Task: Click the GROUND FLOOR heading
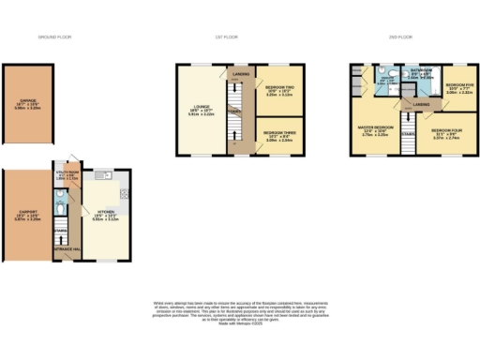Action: pos(53,37)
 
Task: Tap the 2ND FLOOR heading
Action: pos(399,37)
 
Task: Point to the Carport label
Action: pos(27,213)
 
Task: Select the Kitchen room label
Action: pos(104,217)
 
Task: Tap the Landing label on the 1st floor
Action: pos(241,73)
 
